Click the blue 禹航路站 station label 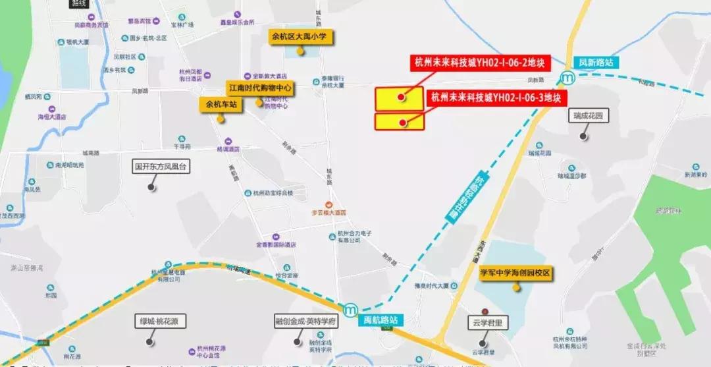[381, 320]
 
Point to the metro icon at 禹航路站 [351, 309]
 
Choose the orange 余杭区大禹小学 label [300, 37]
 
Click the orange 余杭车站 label [220, 103]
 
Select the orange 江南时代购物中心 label [259, 87]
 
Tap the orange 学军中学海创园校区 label [515, 273]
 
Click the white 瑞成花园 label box [589, 115]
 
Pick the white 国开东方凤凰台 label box [161, 167]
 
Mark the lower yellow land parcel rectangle [399, 122]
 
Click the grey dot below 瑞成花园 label [583, 136]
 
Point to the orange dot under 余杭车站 [221, 119]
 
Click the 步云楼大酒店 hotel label [329, 212]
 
